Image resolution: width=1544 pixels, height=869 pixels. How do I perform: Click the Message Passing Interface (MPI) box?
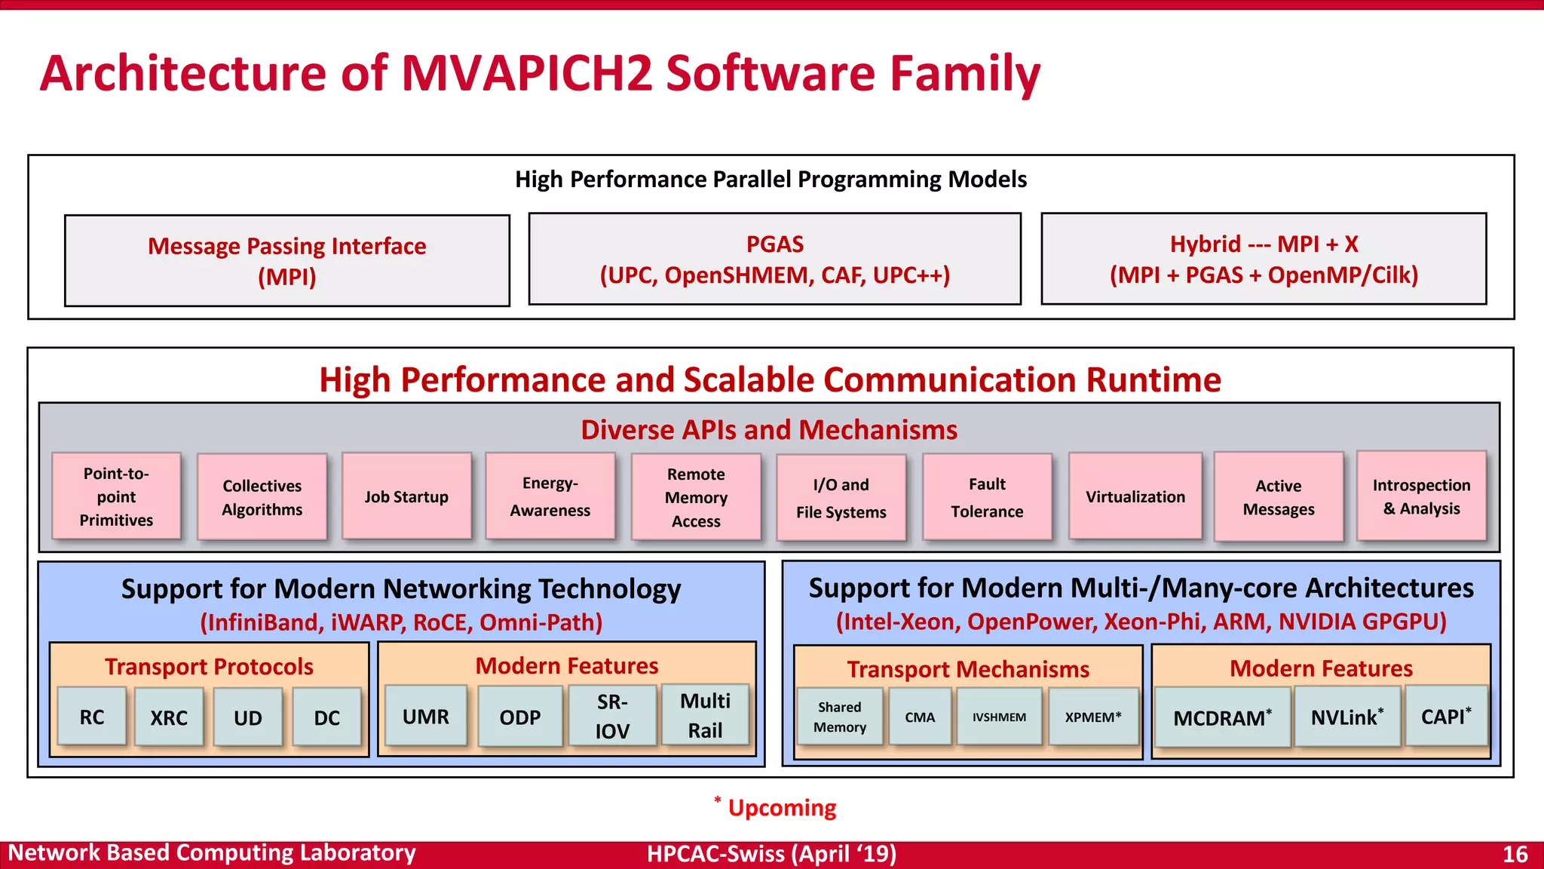(x=286, y=260)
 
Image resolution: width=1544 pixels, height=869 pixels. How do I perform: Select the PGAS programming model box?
(x=774, y=259)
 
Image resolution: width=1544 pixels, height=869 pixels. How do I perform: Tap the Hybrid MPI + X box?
(x=1264, y=259)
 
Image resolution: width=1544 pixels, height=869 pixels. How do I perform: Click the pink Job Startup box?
(x=406, y=496)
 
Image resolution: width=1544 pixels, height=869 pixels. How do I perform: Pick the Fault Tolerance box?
(x=987, y=497)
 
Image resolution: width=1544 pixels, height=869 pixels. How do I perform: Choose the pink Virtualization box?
(x=1135, y=496)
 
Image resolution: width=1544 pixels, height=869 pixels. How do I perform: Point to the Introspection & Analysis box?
(x=1421, y=496)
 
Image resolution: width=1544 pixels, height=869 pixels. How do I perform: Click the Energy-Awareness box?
(x=550, y=496)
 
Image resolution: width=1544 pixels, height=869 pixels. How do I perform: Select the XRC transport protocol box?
(x=169, y=717)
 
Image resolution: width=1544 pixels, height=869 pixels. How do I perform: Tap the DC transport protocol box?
(x=326, y=717)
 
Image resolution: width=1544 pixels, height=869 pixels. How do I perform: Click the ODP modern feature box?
(x=520, y=717)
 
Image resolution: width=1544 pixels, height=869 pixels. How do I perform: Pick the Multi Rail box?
(x=705, y=715)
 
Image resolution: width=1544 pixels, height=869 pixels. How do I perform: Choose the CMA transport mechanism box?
(x=920, y=717)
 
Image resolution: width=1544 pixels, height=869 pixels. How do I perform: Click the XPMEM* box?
(x=1093, y=717)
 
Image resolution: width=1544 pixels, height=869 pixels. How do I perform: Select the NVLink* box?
(x=1346, y=717)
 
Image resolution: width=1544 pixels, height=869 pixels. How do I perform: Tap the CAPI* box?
(x=1446, y=716)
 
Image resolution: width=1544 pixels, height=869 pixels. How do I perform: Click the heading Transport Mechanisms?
(x=968, y=669)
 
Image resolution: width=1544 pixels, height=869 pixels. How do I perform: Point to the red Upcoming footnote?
(x=781, y=808)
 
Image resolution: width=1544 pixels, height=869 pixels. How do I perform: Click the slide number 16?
(x=1515, y=854)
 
